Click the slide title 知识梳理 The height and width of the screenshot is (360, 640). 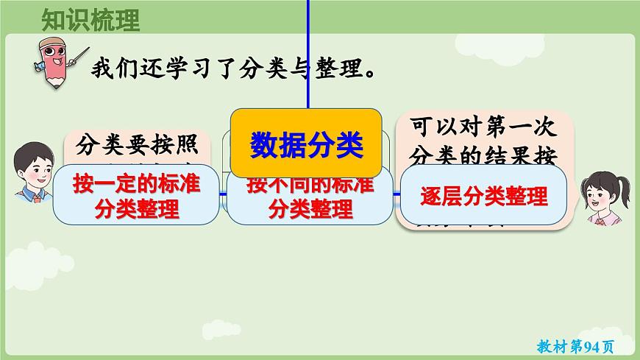[x=90, y=20]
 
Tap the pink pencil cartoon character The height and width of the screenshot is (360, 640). [x=52, y=60]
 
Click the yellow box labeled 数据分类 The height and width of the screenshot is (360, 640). [x=307, y=144]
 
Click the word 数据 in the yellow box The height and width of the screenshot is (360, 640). [x=278, y=144]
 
